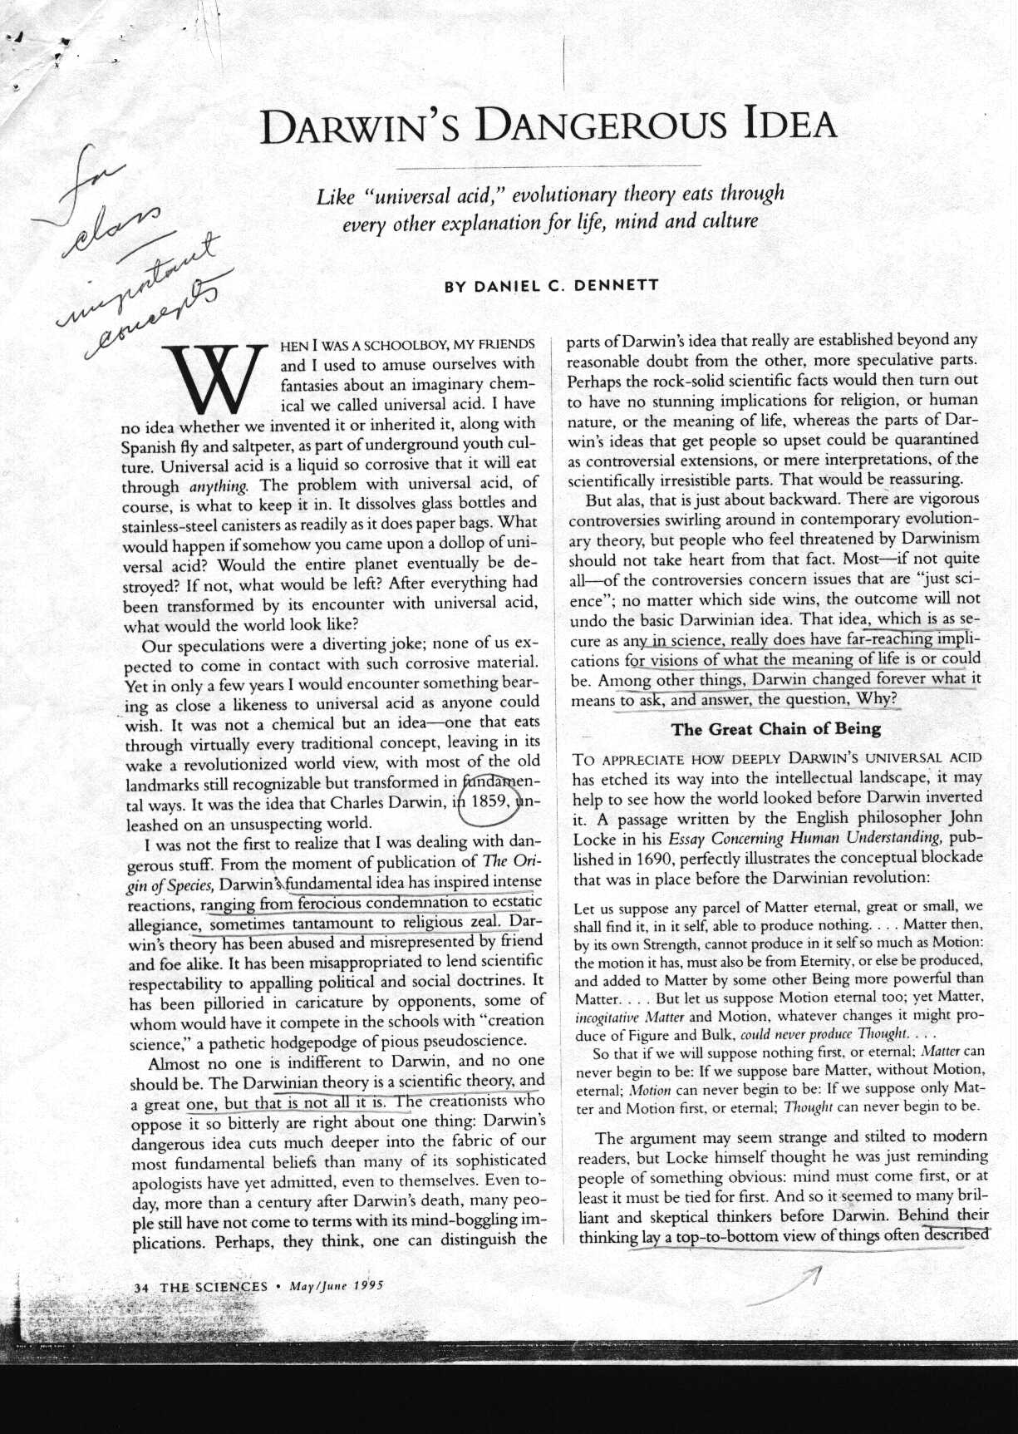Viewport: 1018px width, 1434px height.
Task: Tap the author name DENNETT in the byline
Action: [x=617, y=285]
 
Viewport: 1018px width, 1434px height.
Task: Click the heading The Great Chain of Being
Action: [x=775, y=729]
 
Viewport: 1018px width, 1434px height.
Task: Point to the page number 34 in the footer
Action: [x=141, y=1287]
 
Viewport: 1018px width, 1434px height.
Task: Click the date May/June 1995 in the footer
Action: [x=336, y=1285]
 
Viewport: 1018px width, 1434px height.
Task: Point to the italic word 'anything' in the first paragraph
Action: [x=219, y=485]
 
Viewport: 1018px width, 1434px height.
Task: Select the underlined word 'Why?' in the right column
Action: [x=878, y=699]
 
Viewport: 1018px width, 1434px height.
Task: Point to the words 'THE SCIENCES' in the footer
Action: [x=214, y=1287]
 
